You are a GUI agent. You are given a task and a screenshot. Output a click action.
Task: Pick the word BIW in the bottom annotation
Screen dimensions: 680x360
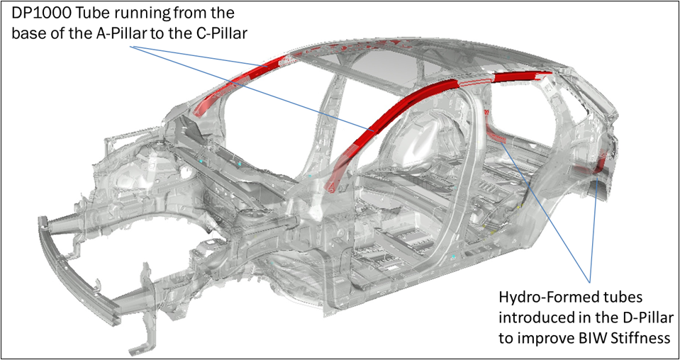pos(589,338)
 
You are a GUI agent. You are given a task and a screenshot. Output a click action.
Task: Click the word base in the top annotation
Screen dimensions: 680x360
pos(26,33)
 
